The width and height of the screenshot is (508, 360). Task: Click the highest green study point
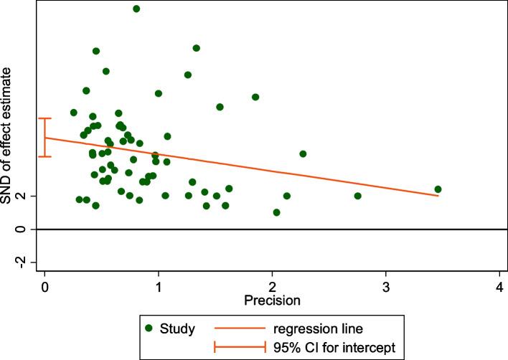(136, 9)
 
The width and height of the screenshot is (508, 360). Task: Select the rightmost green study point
(438, 189)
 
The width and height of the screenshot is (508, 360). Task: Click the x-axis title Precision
(272, 298)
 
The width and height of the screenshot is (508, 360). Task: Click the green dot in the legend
(149, 329)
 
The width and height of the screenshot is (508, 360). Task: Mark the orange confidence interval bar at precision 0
(44, 137)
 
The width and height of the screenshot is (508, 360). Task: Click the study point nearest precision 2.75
(357, 196)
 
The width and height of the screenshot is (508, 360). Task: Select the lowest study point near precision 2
(276, 212)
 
